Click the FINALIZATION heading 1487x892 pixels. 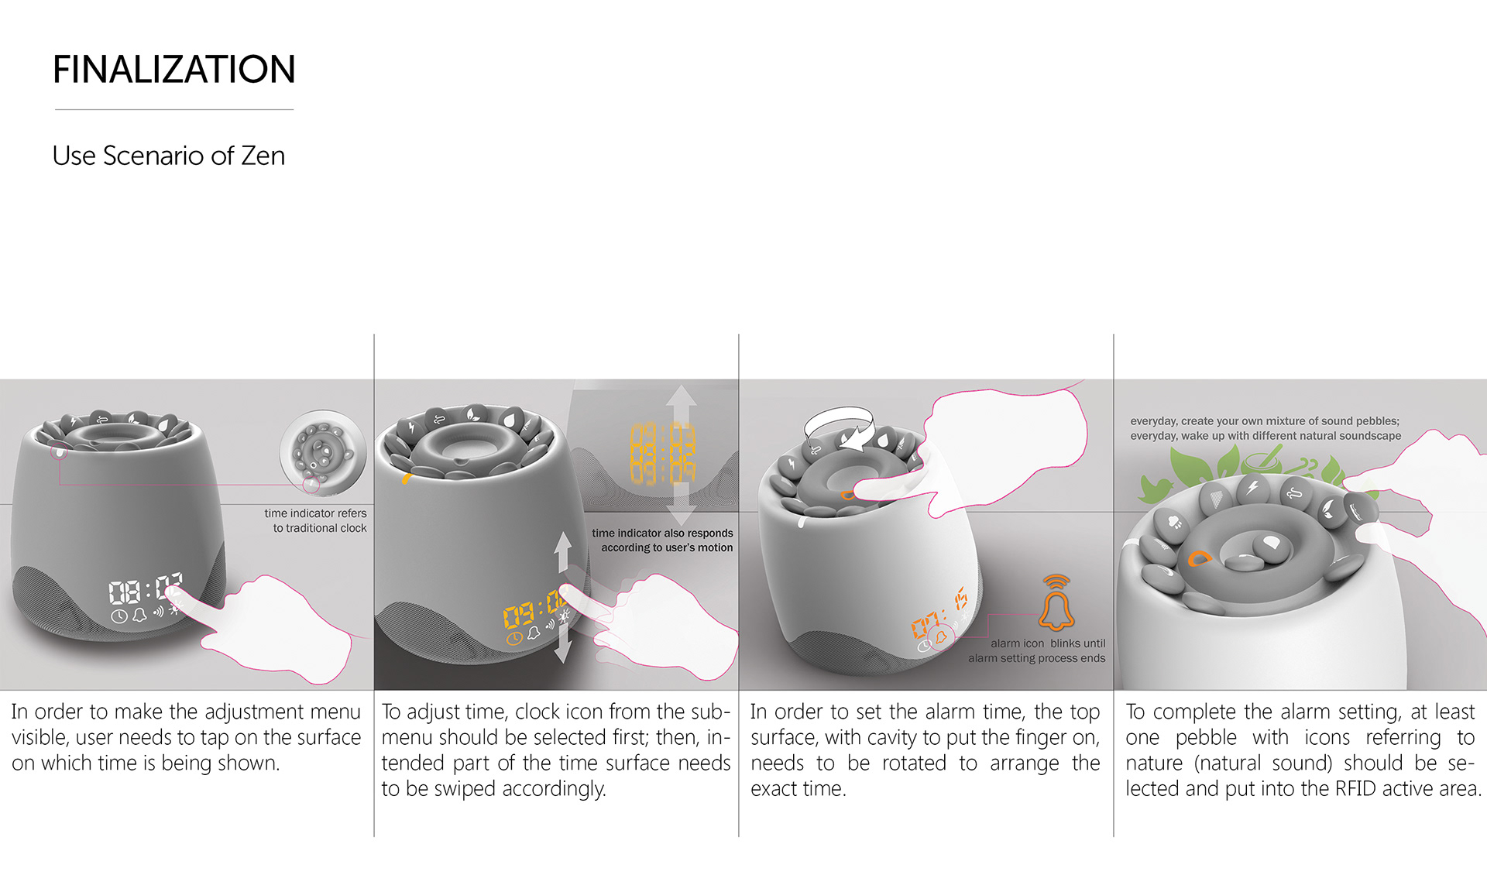(174, 70)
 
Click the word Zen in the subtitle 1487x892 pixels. (263, 156)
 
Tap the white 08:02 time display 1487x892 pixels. (145, 590)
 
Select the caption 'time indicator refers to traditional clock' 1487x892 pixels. (316, 520)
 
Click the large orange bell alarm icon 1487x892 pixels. (1056, 602)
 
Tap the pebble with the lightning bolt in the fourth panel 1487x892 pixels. (1252, 488)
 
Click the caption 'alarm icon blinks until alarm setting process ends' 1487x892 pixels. (1037, 650)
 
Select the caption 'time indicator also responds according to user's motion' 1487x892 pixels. (662, 540)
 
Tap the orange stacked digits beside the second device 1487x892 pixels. (662, 453)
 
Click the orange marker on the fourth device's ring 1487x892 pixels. (1199, 557)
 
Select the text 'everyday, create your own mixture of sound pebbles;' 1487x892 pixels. (1265, 421)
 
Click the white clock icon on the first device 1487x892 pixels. (118, 617)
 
